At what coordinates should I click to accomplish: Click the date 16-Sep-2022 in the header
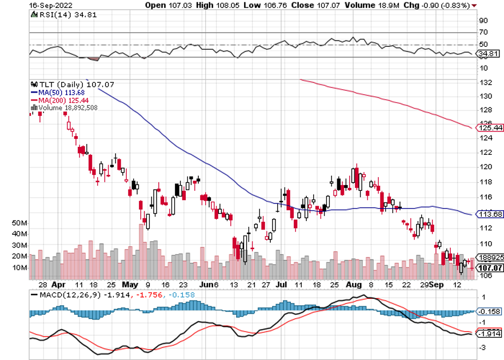[x=47, y=5]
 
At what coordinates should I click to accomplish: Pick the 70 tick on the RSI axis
[x=483, y=33]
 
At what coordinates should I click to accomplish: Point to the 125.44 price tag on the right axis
[x=489, y=128]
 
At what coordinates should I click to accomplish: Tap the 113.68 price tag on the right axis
[x=489, y=214]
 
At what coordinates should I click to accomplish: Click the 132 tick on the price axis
[x=486, y=82]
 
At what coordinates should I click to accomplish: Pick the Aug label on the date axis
[x=354, y=284]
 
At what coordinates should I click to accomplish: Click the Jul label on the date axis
[x=281, y=284]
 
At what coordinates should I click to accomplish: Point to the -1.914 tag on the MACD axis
[x=490, y=334]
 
